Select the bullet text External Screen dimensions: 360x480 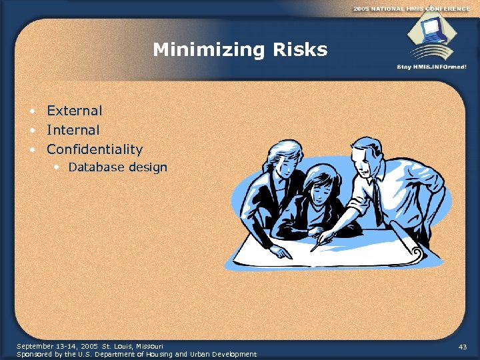(74, 111)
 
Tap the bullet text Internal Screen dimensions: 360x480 (73, 130)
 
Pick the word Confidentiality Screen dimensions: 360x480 (94, 149)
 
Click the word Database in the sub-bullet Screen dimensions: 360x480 (96, 167)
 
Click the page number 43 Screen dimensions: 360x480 (463, 347)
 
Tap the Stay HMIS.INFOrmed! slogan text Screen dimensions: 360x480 (431, 67)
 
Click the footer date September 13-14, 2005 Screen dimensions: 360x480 (57, 346)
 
